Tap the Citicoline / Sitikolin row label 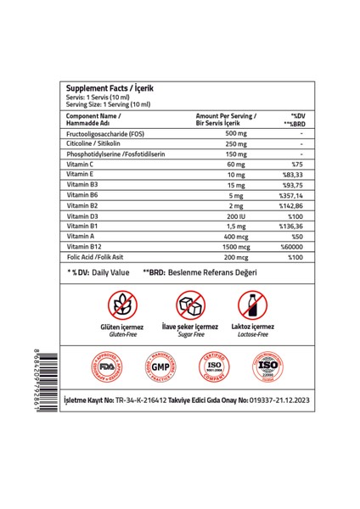click(98, 146)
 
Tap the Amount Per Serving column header click(226, 118)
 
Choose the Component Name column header click(93, 118)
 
